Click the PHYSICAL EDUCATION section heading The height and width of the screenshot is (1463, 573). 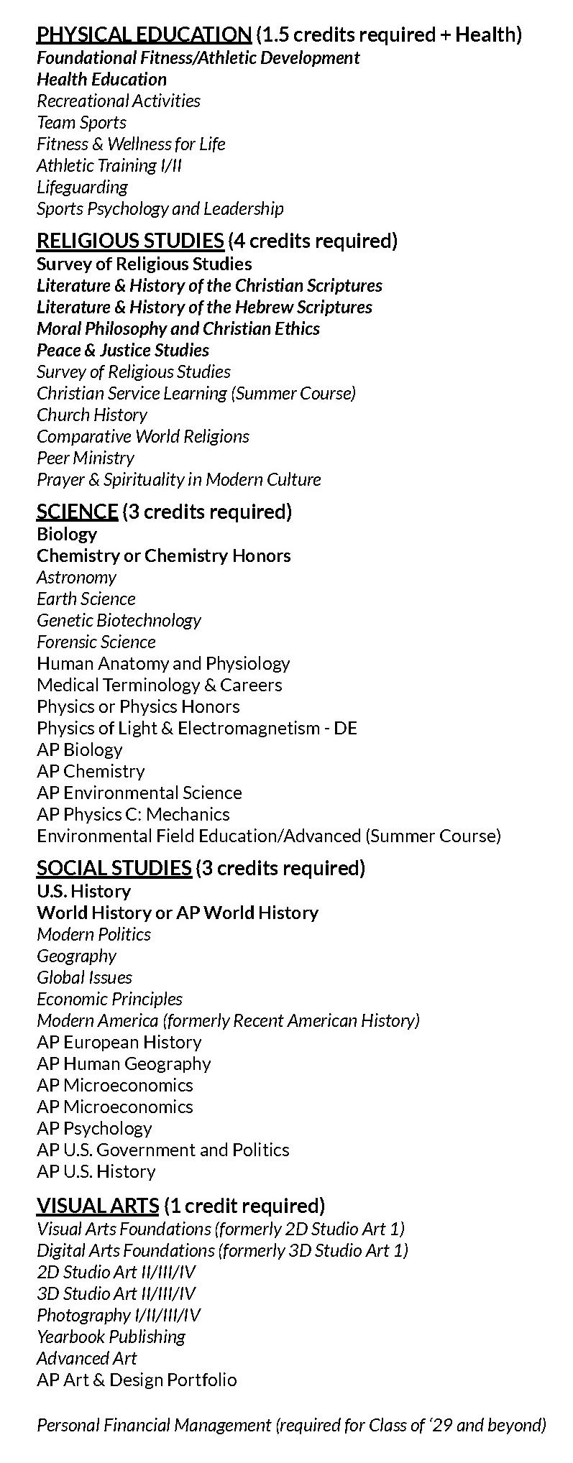144,34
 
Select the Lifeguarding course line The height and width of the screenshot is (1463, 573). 82,188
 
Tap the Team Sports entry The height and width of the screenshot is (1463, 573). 81,123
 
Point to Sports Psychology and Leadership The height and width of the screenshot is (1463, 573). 160,209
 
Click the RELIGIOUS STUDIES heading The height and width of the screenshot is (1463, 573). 130,241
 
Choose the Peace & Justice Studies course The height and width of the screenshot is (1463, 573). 123,351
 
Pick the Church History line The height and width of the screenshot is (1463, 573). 92,415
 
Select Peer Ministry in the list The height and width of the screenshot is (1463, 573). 86,458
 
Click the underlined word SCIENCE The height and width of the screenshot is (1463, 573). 77,512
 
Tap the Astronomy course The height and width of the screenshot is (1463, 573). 76,578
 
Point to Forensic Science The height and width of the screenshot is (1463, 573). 96,642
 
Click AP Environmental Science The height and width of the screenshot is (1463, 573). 139,793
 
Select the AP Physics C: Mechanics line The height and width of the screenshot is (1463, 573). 133,815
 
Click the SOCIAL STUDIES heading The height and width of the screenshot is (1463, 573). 114,868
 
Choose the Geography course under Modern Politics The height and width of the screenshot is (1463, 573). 76,956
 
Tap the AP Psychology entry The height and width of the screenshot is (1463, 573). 94,1129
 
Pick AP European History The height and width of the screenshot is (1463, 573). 119,1043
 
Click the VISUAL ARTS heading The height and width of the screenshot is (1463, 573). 98,1206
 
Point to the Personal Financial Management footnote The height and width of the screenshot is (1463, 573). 291,1426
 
